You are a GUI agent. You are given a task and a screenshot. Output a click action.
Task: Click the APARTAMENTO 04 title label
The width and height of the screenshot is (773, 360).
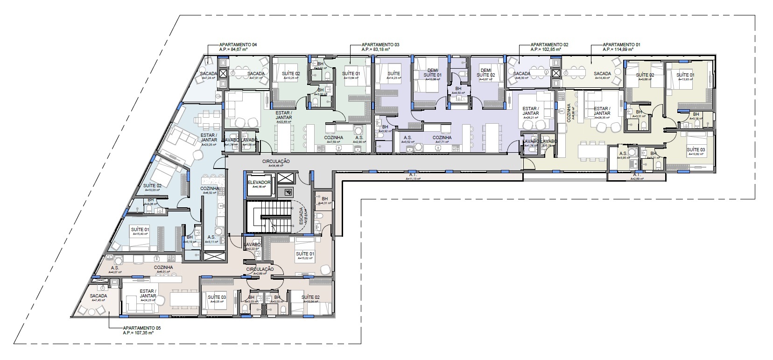(x=238, y=44)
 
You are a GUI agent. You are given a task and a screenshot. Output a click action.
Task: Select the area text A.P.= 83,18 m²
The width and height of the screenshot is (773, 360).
(x=380, y=49)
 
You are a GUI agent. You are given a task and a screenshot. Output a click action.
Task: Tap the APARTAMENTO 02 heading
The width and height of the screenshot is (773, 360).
(x=549, y=44)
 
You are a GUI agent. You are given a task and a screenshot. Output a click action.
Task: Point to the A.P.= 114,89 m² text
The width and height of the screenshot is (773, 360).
(x=618, y=49)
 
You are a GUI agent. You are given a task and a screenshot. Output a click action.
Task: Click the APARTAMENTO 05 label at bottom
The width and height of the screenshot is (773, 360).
(x=141, y=328)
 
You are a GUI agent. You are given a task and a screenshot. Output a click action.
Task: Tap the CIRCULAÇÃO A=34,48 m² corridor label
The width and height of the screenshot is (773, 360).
(x=280, y=161)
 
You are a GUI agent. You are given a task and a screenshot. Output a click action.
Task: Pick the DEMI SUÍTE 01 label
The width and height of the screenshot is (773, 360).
(x=432, y=72)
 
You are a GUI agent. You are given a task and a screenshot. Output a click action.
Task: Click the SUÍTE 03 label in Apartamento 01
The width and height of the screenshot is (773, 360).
(x=695, y=149)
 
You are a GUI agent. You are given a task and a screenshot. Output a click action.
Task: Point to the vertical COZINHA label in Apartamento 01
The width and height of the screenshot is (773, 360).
(x=569, y=113)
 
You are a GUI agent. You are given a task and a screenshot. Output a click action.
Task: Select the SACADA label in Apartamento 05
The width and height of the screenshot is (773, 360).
(x=98, y=296)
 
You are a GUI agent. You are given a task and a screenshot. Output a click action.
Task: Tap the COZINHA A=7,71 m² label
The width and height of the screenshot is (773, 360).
(x=442, y=138)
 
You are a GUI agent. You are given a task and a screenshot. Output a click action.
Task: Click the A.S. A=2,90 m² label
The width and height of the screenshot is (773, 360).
(x=359, y=138)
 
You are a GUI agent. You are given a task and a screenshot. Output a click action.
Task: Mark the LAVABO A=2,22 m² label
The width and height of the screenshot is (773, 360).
(x=252, y=245)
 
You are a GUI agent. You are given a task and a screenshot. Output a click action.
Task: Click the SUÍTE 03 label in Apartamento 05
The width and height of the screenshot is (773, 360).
(x=217, y=297)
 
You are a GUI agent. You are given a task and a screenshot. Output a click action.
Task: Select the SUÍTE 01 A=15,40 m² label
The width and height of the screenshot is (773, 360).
(x=140, y=230)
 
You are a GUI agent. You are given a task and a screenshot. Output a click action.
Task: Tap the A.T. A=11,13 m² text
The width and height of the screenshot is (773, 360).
(x=413, y=176)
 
